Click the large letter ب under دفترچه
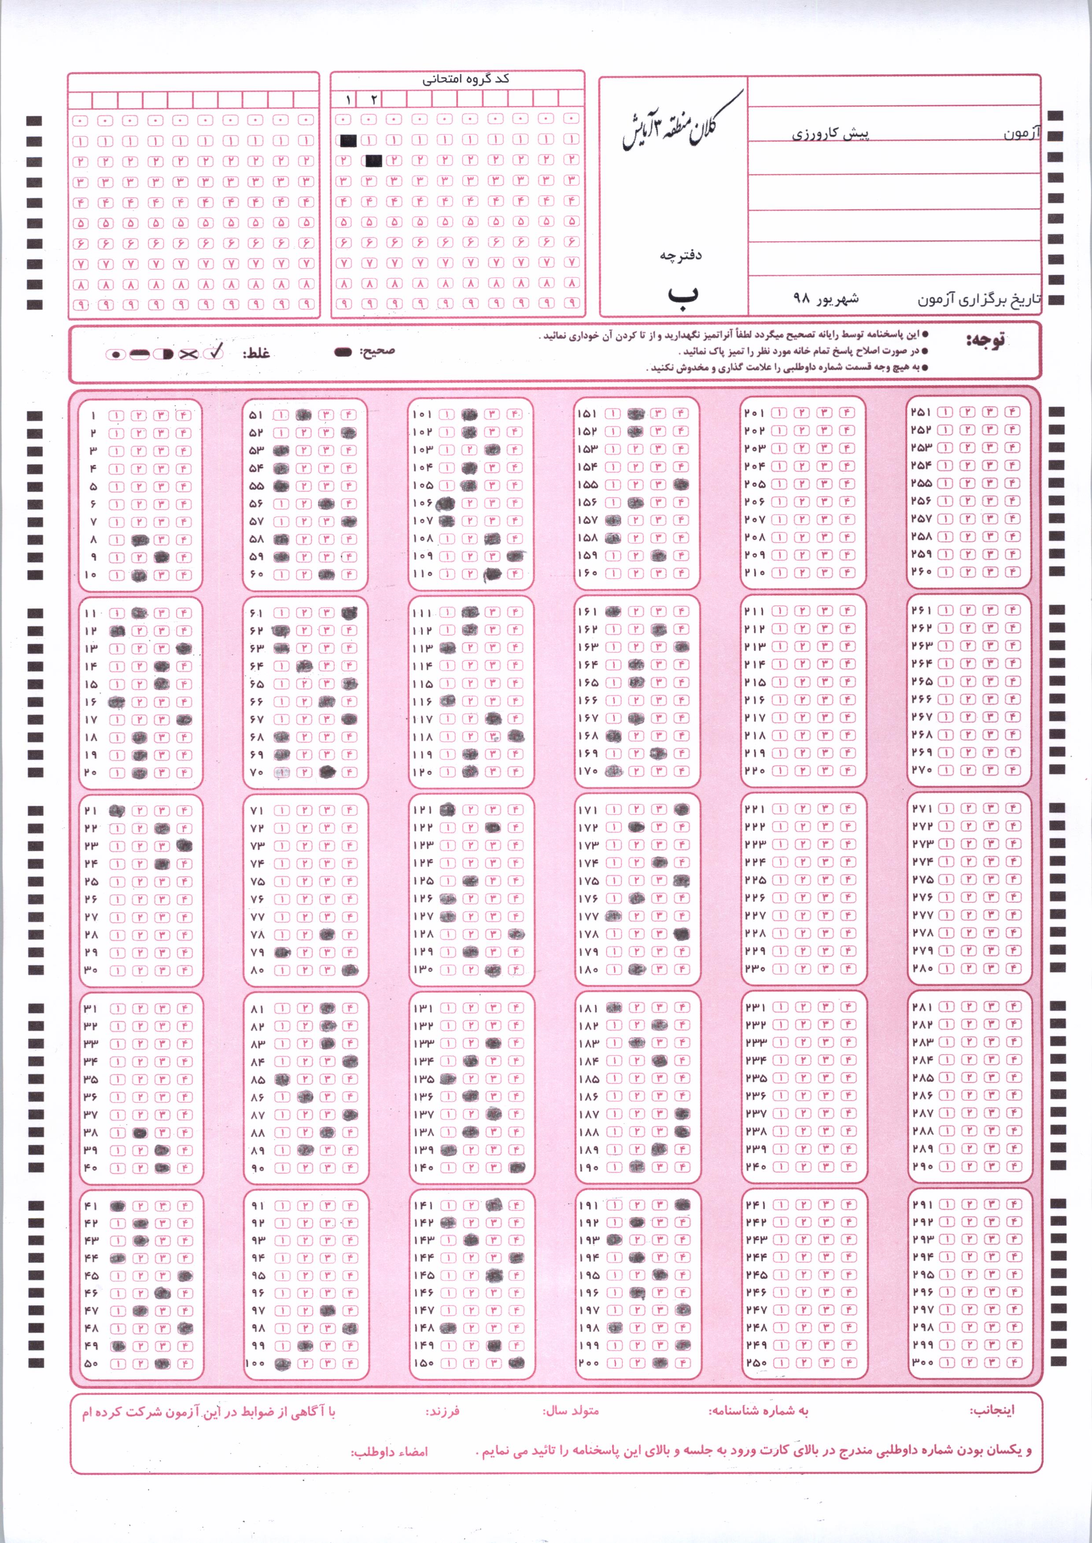point(682,296)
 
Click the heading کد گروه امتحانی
point(465,79)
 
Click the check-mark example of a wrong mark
point(216,352)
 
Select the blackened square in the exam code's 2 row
point(374,161)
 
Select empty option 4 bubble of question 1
point(184,415)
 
